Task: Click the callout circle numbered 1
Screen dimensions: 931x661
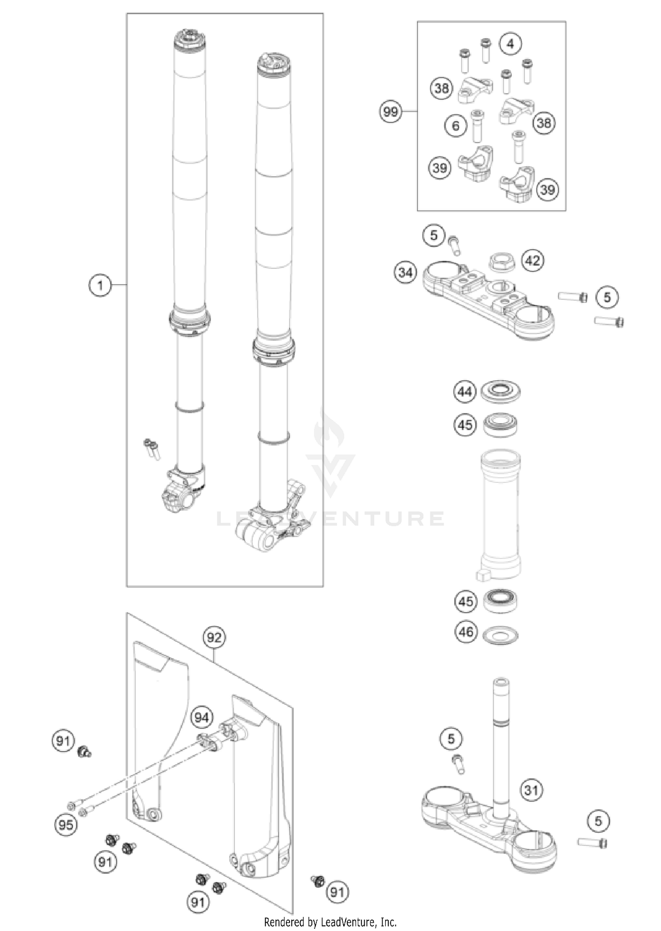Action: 100,285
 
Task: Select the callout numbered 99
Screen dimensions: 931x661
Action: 390,112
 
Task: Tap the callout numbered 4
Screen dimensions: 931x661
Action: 510,44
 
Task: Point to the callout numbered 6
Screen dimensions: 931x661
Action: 456,126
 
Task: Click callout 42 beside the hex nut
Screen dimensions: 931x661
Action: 532,261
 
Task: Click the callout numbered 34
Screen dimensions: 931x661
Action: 405,272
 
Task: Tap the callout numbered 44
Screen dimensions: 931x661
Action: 465,391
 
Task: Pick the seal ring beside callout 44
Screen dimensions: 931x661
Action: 501,391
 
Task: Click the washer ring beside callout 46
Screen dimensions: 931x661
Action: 501,636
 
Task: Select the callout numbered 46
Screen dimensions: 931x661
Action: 466,632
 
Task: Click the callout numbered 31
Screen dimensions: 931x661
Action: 531,790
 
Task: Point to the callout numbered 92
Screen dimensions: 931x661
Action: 214,637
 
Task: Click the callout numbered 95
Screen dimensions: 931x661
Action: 66,824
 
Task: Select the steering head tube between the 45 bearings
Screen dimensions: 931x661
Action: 501,514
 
